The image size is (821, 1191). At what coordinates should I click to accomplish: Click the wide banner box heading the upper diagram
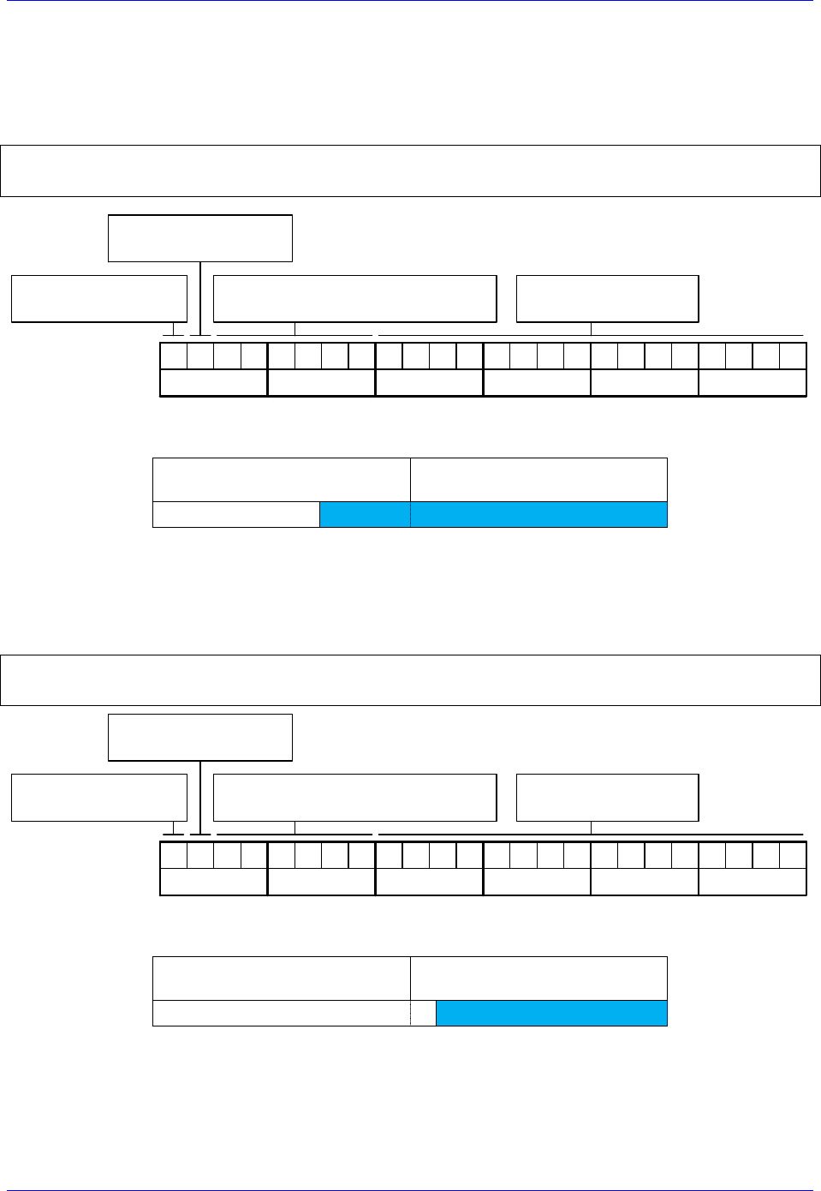point(410,171)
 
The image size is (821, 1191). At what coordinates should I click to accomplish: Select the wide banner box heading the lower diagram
point(410,680)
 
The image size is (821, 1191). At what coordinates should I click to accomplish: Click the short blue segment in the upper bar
point(365,514)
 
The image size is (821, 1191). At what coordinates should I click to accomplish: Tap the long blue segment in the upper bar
point(538,514)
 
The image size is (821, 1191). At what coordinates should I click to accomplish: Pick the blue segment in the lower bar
point(551,1013)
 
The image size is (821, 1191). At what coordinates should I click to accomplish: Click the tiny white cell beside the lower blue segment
point(424,1013)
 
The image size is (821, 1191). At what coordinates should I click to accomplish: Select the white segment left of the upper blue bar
point(236,514)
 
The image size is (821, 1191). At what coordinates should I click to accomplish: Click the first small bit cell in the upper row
point(174,356)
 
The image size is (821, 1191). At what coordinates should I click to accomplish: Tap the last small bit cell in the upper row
point(793,356)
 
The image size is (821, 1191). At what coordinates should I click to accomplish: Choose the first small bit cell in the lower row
point(174,855)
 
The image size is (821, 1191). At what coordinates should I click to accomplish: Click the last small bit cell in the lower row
point(793,855)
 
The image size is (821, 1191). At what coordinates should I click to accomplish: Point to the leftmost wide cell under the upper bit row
point(214,383)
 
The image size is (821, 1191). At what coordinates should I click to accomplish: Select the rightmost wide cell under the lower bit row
point(753,882)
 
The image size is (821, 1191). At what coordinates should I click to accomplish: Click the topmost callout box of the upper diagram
point(200,238)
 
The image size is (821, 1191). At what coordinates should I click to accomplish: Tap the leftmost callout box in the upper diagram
point(99,298)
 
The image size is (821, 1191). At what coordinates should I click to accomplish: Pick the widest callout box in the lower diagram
point(354,798)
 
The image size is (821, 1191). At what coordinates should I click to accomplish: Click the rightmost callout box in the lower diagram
point(607,798)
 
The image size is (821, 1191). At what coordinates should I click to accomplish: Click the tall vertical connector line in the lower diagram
point(200,797)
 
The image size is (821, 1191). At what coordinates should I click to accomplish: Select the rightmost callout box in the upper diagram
point(607,298)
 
